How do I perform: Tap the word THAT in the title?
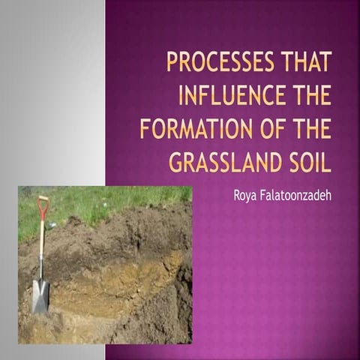[x=304, y=62]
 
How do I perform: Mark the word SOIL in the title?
[x=307, y=162]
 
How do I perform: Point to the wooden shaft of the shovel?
[x=42, y=247]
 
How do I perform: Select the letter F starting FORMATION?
[x=145, y=129]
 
